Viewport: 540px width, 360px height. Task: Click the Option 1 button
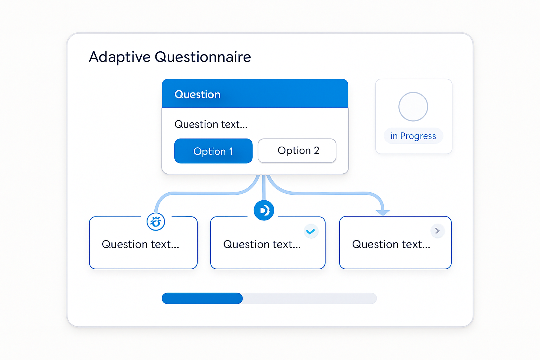[x=213, y=151]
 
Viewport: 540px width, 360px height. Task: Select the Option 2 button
[x=297, y=151]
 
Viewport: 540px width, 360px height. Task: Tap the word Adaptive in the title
[x=120, y=57]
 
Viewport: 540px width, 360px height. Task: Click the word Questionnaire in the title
[x=203, y=57]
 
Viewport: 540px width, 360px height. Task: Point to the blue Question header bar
[x=255, y=93]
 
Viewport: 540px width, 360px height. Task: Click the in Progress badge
[x=413, y=136]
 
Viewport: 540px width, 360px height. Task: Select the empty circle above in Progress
[x=413, y=107]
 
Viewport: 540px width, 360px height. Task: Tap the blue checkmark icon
[x=310, y=231]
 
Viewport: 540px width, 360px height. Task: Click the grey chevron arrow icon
[x=437, y=231]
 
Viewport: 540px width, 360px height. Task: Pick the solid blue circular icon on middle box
[x=264, y=210]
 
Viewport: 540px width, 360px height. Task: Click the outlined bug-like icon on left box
[x=156, y=222]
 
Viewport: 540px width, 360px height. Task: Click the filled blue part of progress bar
[x=202, y=298]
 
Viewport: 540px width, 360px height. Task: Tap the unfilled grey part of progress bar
[x=310, y=298]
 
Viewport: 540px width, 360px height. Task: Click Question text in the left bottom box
[x=141, y=244]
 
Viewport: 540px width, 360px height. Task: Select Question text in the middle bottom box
[x=262, y=244]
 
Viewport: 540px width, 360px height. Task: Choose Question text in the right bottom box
[x=391, y=244]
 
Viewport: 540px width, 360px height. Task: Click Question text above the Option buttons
[x=211, y=124]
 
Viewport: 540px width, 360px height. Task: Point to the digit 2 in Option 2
[x=316, y=151]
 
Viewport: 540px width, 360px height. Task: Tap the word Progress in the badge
[x=418, y=136]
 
